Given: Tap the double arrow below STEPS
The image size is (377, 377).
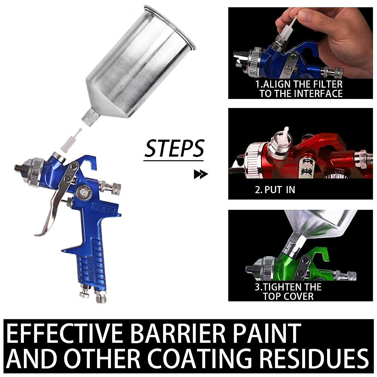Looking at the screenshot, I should click(x=201, y=174).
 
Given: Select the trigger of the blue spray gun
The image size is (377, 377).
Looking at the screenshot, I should click(x=53, y=204).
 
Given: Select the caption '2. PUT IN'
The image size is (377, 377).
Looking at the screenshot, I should click(x=275, y=190).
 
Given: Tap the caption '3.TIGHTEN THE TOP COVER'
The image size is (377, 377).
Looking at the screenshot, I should click(x=287, y=292).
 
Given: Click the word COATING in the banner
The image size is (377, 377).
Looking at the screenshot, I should click(x=201, y=358).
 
